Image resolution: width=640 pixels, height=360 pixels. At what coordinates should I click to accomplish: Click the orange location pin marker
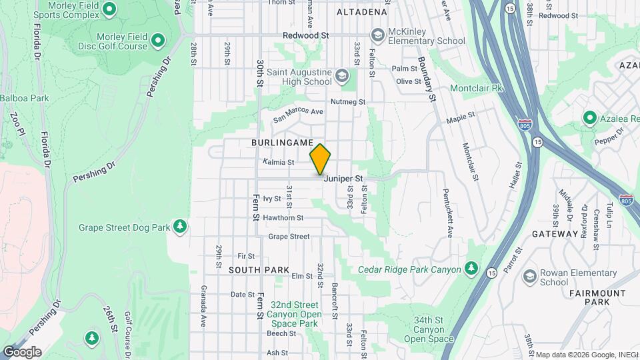(x=320, y=159)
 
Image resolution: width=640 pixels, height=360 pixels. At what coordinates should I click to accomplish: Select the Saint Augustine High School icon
(x=342, y=75)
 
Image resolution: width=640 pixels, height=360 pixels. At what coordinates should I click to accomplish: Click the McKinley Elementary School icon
(x=378, y=34)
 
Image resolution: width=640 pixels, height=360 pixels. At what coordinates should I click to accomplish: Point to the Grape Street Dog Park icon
(x=179, y=227)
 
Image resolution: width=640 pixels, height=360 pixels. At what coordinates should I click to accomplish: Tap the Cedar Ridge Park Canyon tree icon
(x=471, y=269)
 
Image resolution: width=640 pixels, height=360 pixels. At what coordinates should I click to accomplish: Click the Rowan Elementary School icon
(x=529, y=276)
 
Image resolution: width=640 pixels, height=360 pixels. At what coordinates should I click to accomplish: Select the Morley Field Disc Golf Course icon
(x=158, y=41)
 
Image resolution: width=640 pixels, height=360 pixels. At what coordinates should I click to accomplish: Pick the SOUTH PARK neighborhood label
(x=259, y=270)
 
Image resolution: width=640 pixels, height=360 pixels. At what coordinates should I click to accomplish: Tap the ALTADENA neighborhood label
(x=362, y=12)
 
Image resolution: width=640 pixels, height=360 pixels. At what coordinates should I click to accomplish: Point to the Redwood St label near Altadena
(x=306, y=34)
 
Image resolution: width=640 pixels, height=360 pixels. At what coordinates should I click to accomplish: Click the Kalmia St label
(x=279, y=162)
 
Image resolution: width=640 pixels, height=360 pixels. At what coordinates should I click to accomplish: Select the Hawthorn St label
(x=283, y=217)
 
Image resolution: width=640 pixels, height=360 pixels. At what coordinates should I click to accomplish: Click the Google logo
(x=21, y=351)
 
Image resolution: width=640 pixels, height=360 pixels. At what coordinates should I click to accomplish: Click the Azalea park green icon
(x=589, y=118)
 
